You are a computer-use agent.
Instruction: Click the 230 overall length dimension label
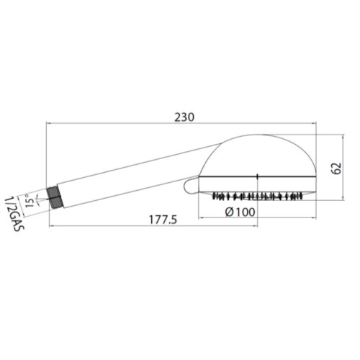184,117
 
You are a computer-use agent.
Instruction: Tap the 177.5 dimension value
163,220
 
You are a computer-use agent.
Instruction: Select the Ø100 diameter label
240,212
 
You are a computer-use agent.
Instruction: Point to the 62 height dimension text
336,168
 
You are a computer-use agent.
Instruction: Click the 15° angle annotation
30,200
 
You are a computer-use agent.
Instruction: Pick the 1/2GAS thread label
15,214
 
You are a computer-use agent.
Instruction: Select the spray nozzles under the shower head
257,196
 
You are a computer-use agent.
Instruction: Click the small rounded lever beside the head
191,184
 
